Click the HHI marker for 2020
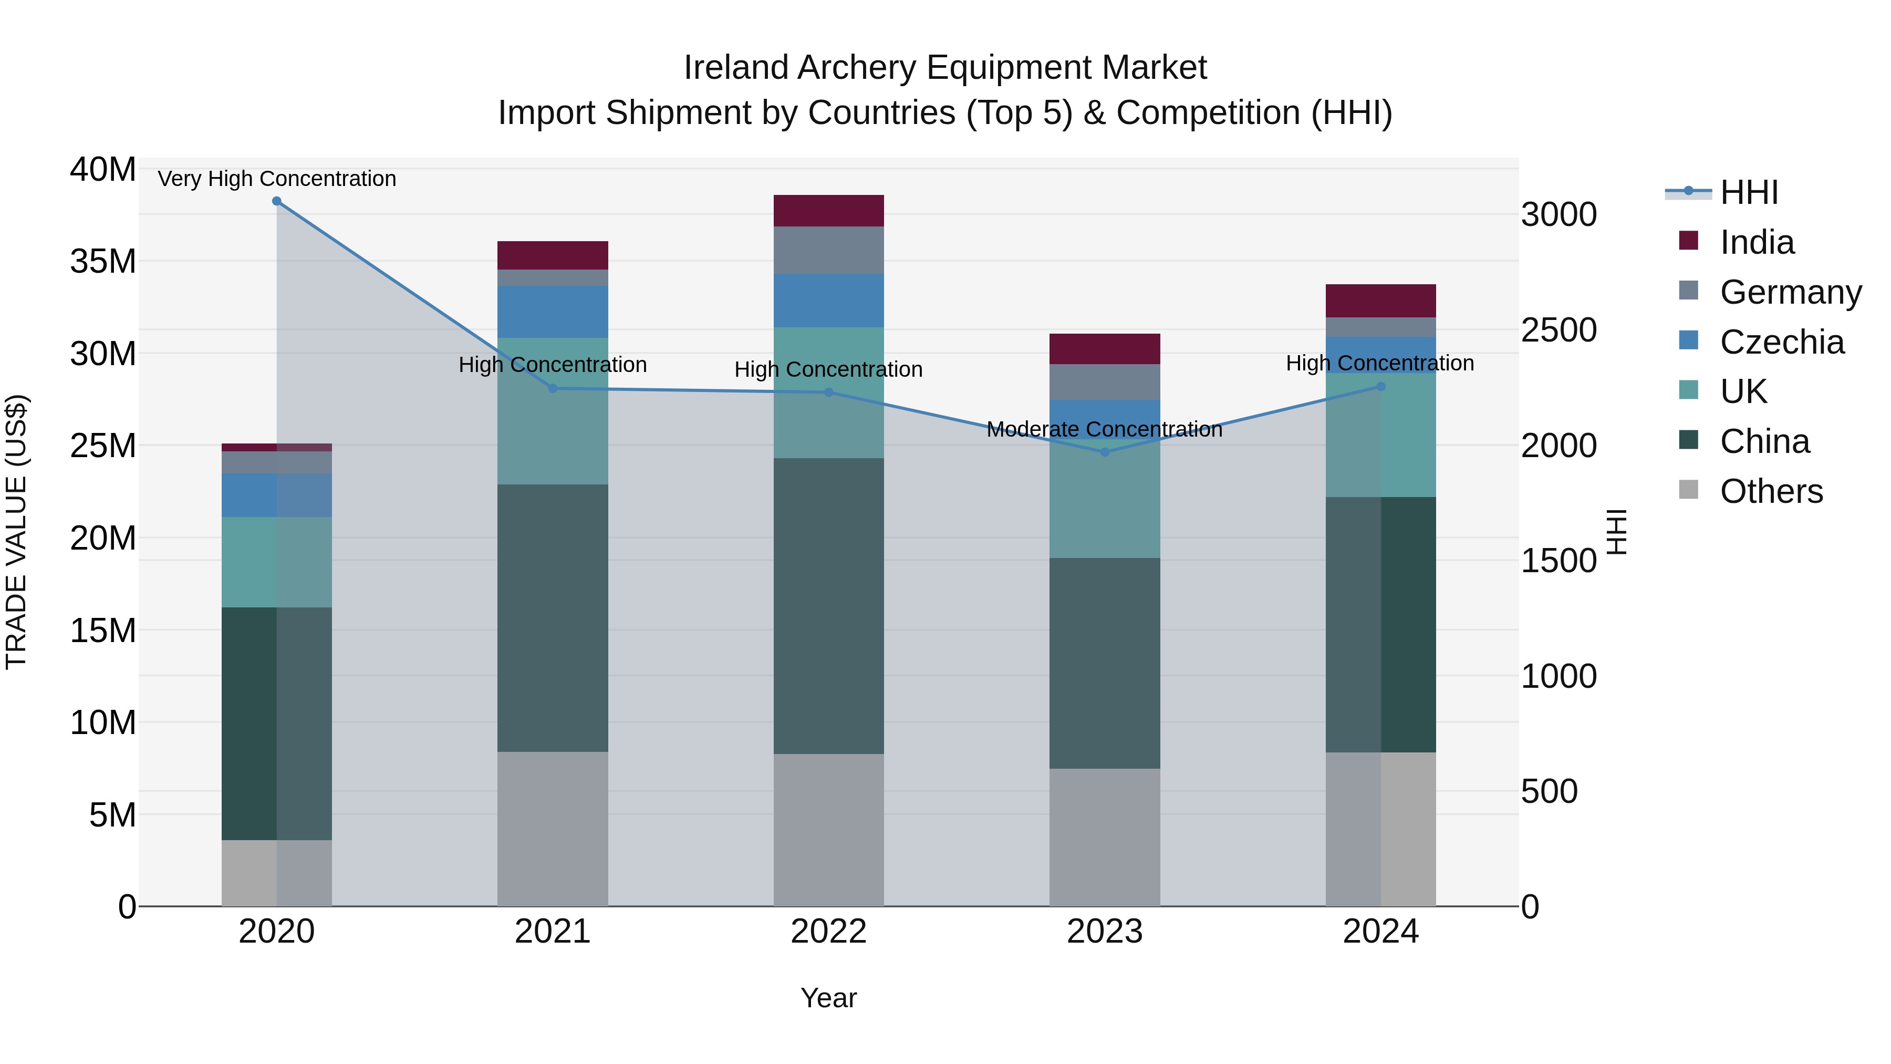[x=277, y=201]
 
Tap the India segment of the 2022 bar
[x=829, y=211]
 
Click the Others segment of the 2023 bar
[x=1105, y=837]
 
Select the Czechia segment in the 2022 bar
[x=829, y=301]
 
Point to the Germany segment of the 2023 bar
[x=1105, y=382]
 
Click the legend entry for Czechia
[x=1782, y=342]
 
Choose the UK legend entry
[x=1743, y=392]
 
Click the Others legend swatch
[x=1688, y=490]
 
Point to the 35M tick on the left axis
[x=103, y=262]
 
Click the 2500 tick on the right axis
[x=1558, y=330]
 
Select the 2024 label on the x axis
[x=1380, y=932]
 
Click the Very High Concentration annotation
[x=277, y=179]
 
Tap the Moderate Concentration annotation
[x=1104, y=430]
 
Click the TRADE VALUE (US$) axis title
[x=16, y=532]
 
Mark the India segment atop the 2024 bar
[x=1380, y=301]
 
